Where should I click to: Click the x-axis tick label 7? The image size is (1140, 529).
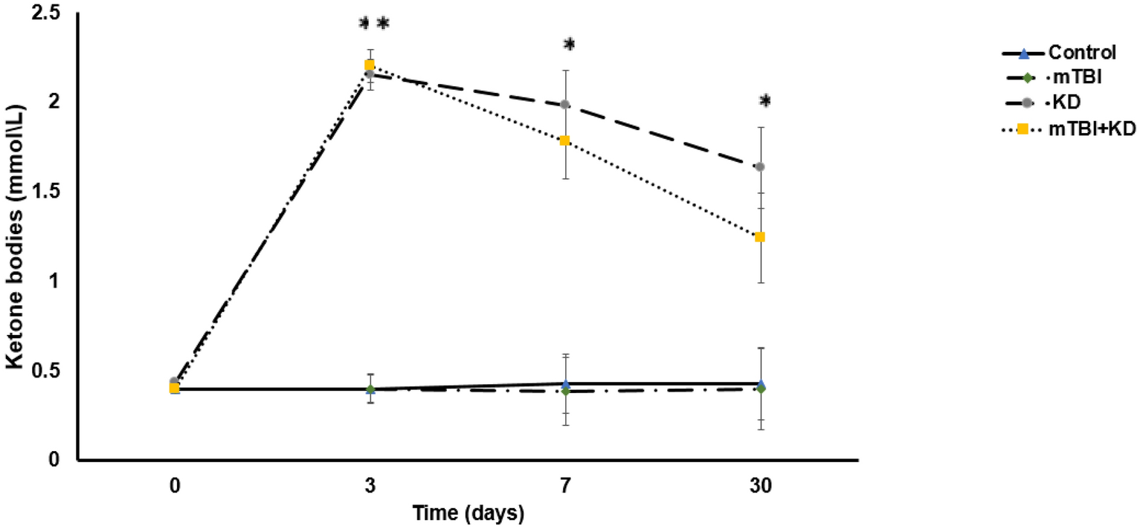(x=565, y=487)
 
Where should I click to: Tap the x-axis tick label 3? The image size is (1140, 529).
(x=370, y=487)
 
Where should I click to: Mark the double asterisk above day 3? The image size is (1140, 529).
(x=374, y=24)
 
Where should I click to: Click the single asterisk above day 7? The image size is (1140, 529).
(x=569, y=45)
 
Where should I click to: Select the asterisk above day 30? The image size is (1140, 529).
(x=764, y=101)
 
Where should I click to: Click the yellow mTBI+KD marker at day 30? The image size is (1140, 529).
(x=760, y=237)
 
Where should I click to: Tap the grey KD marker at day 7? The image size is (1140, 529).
(x=565, y=105)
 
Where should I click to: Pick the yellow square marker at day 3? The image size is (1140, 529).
(x=370, y=65)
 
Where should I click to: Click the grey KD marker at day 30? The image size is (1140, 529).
(x=760, y=166)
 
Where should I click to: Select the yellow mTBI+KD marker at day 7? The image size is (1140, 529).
(x=565, y=140)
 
